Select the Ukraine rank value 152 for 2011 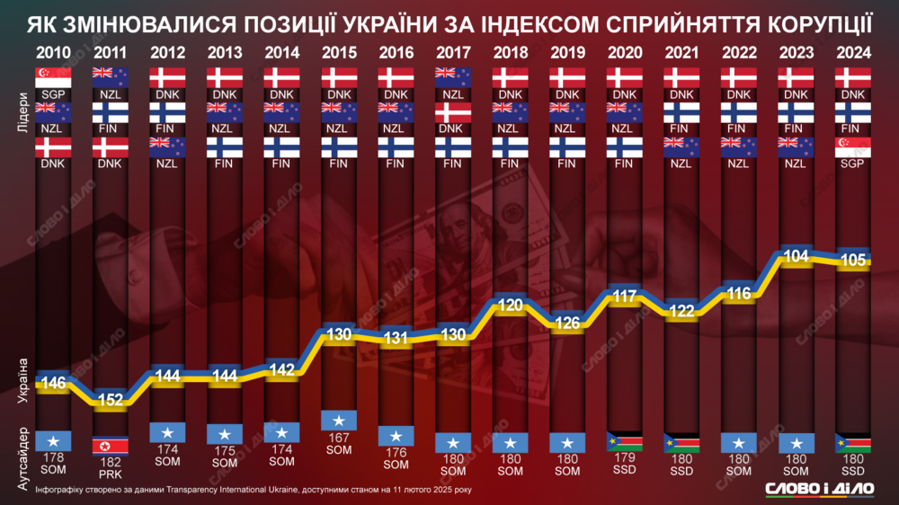[x=111, y=401]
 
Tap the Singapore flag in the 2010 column [x=53, y=77]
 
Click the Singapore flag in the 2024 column [x=852, y=146]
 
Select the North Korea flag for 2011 [x=111, y=446]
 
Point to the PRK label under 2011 [x=111, y=473]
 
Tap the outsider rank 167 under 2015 [x=339, y=439]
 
